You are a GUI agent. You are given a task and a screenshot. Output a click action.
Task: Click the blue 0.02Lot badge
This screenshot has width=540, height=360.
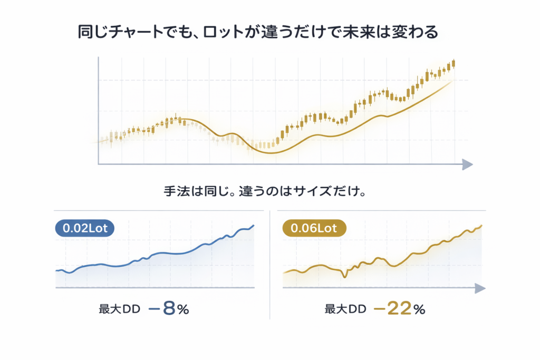point(84,229)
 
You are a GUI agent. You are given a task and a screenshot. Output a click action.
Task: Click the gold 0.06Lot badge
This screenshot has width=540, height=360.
point(314,229)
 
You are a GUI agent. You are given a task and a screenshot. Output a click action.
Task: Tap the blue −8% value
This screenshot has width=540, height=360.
point(169,309)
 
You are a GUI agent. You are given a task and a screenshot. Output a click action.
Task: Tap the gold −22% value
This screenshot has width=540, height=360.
point(399,309)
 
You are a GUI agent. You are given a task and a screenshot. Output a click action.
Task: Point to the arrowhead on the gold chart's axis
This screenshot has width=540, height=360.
point(479,288)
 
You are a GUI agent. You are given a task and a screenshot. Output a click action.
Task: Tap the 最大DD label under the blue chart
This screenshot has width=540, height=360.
point(119,310)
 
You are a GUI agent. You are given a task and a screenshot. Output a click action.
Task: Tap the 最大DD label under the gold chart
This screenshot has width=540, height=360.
point(345,310)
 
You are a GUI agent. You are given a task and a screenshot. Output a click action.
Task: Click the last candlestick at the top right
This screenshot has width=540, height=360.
point(454,64)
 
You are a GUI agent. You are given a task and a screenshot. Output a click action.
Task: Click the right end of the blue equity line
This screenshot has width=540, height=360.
point(254,226)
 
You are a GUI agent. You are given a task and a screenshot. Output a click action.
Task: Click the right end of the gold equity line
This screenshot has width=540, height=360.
point(481,226)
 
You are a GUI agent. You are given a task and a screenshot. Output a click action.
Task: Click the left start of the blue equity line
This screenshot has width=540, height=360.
point(56,270)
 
